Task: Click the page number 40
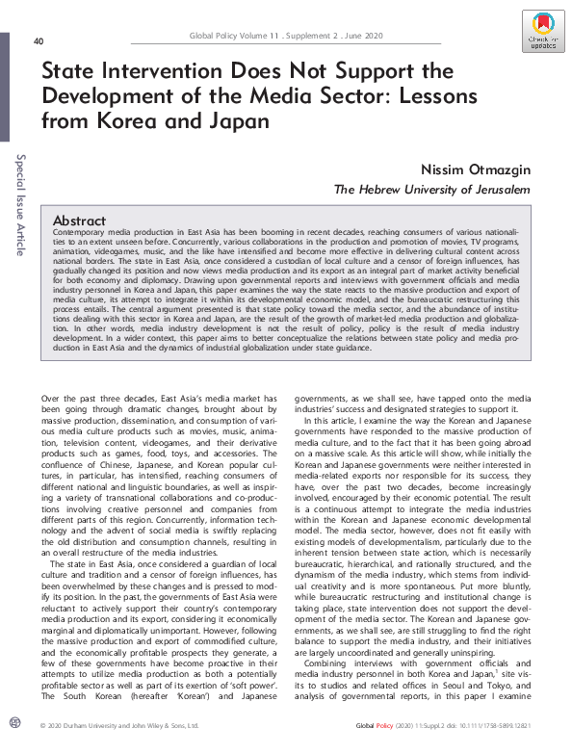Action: pos(39,41)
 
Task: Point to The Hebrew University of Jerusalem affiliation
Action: pos(431,190)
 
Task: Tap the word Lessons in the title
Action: pos(401,97)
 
